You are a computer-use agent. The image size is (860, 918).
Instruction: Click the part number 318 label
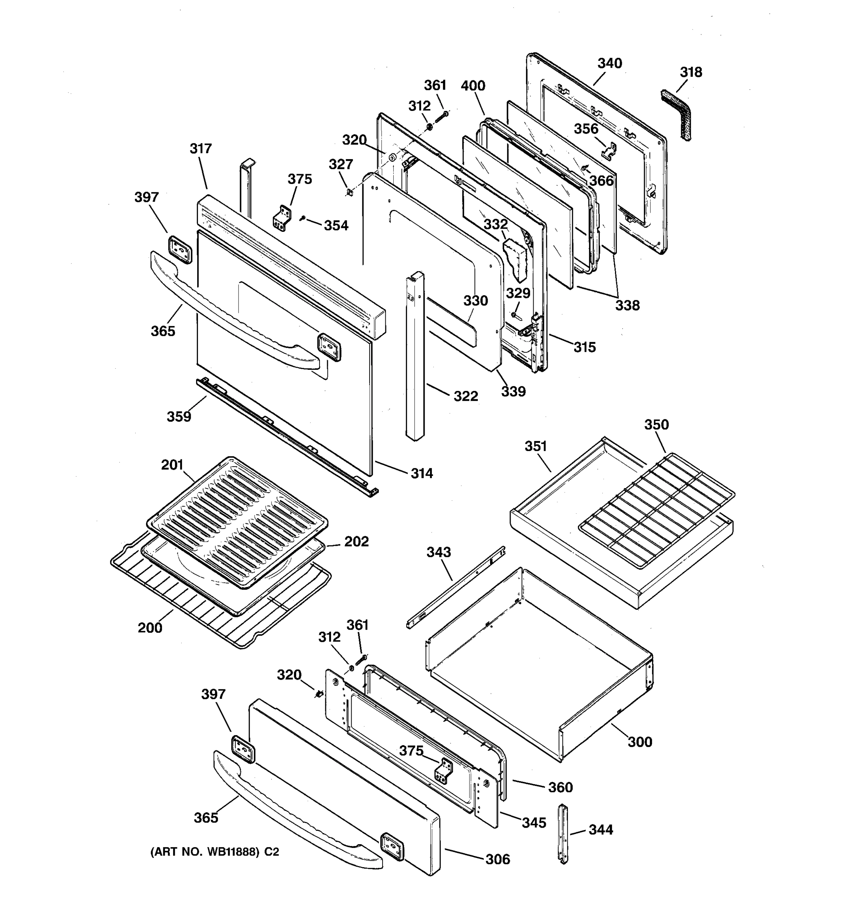tap(691, 73)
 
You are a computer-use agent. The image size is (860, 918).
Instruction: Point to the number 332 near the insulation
tap(495, 225)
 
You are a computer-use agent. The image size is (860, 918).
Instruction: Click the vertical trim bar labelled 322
tap(414, 356)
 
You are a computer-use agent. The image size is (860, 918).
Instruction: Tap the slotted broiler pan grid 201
tap(237, 522)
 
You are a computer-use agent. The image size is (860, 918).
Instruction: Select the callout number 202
tap(356, 542)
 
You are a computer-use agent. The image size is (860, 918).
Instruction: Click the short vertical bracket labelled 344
tap(563, 833)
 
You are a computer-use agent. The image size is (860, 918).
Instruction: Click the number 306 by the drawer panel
tap(497, 859)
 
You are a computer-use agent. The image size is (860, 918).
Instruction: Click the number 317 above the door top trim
tap(201, 149)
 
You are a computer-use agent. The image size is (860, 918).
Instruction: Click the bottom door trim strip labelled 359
tap(286, 436)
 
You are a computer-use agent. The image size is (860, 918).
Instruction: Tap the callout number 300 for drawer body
tap(639, 742)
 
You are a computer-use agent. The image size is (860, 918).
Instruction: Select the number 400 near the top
tap(473, 86)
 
